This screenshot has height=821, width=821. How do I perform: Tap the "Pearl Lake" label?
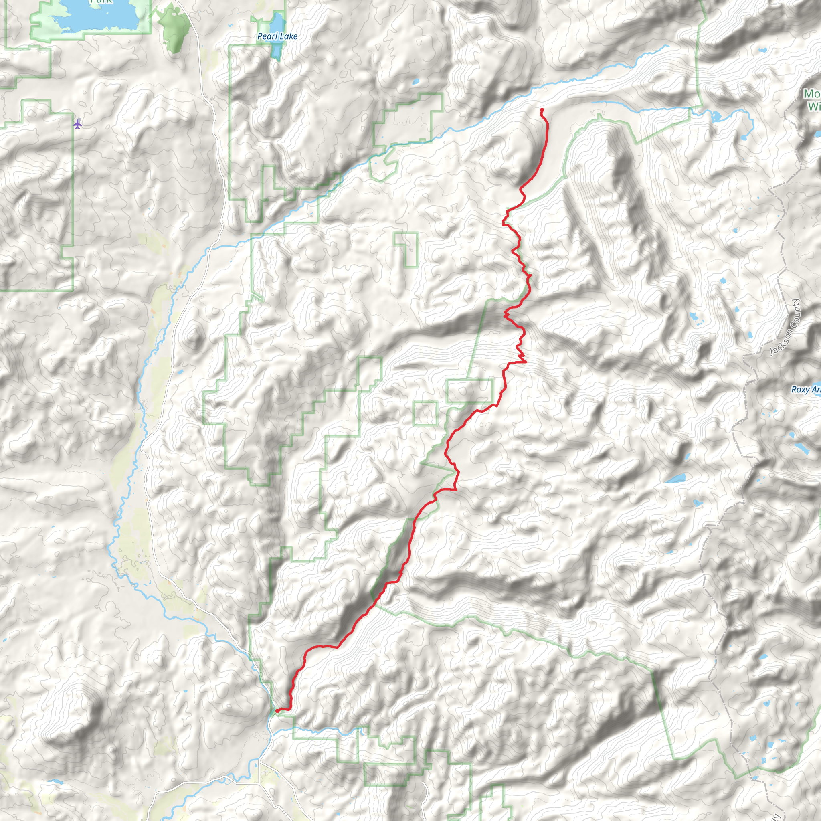(x=277, y=36)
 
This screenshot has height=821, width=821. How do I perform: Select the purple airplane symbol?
(x=77, y=124)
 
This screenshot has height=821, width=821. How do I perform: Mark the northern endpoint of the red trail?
(x=542, y=110)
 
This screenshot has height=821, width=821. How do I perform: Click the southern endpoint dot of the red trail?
(x=277, y=710)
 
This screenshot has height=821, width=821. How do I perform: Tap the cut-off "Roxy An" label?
(x=805, y=389)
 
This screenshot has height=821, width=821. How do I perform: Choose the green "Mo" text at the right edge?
(x=811, y=93)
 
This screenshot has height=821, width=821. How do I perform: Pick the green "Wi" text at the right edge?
(x=814, y=106)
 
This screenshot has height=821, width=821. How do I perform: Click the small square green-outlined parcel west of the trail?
(x=425, y=413)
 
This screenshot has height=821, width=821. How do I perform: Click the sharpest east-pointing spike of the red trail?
(x=526, y=362)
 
